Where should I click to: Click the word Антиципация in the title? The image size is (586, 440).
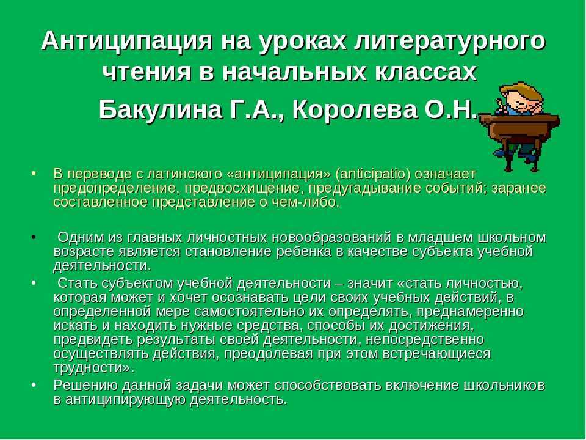coord(127,40)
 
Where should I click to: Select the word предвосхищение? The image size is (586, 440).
coord(242,188)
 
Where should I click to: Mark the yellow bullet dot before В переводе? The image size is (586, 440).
coord(34,174)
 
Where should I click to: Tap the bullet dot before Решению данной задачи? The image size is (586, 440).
coord(34,385)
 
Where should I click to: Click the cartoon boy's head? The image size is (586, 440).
coord(520,98)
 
